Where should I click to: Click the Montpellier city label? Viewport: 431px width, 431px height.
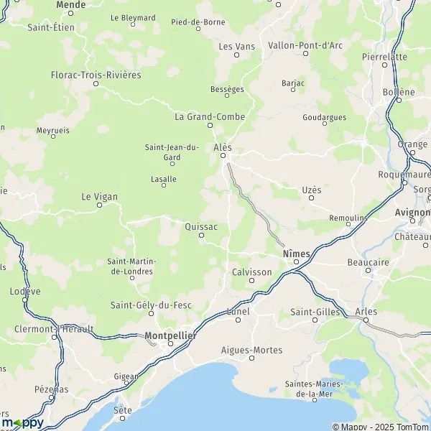point(170,335)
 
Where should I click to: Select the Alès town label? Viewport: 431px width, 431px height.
point(223,147)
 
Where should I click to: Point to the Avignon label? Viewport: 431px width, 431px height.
point(412,213)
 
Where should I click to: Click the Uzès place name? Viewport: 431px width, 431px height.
point(311,189)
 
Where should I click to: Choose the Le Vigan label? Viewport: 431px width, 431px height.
point(99,196)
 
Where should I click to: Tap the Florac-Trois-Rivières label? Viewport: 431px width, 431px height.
point(96,75)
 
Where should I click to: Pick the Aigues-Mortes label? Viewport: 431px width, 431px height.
point(252,350)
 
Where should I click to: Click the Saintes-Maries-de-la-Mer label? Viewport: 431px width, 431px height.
point(314,389)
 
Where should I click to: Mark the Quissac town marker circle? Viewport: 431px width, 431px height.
point(201,235)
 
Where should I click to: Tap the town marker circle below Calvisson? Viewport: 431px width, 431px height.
point(251,281)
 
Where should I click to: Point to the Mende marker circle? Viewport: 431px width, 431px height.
point(70,13)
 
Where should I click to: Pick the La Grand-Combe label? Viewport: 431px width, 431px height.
point(210,116)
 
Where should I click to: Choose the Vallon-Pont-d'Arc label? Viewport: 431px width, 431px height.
point(305,45)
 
